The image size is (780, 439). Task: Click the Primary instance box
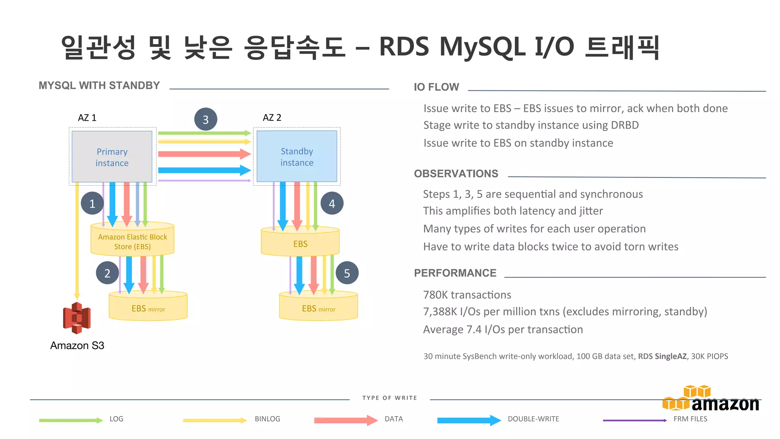click(112, 157)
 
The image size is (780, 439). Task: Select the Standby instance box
click(297, 157)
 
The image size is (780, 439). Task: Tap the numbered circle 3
click(206, 120)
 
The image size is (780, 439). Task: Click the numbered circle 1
click(92, 203)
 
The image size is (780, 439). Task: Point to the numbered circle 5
click(347, 273)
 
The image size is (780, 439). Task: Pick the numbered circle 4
click(332, 203)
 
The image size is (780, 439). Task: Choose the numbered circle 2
click(107, 273)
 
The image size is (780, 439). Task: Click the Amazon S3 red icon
click(77, 318)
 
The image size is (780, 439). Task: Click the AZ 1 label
click(87, 118)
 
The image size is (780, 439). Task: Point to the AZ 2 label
click(272, 118)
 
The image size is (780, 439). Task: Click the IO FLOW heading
click(436, 87)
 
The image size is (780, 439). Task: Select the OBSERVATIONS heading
click(456, 174)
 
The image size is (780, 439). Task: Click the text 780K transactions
click(467, 295)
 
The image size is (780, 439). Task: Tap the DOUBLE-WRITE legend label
click(533, 419)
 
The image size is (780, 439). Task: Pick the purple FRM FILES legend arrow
click(635, 420)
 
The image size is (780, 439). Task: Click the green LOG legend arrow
click(71, 420)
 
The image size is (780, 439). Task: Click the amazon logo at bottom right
click(711, 400)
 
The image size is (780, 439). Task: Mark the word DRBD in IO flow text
click(625, 125)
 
